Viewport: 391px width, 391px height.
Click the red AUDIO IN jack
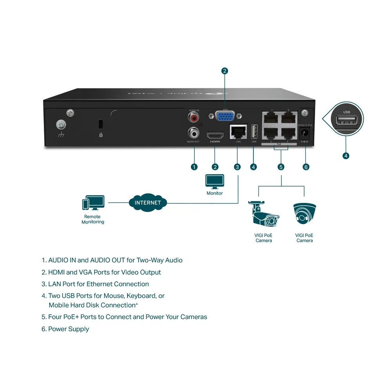coord(194,117)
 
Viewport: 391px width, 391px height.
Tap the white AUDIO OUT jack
coord(193,132)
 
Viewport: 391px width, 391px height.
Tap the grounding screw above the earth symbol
coord(61,125)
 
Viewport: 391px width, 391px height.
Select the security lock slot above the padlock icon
coord(100,124)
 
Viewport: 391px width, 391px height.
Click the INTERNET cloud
coord(148,203)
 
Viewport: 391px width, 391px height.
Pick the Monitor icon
coord(215,181)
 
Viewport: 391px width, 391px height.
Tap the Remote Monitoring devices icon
coord(93,203)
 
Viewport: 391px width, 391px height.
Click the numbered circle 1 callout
coord(194,167)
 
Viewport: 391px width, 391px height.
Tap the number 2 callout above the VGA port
coord(224,71)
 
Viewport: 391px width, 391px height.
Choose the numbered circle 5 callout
coord(281,167)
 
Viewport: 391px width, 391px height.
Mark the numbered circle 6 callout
coord(306,167)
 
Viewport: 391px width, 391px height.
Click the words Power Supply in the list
coord(68,329)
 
